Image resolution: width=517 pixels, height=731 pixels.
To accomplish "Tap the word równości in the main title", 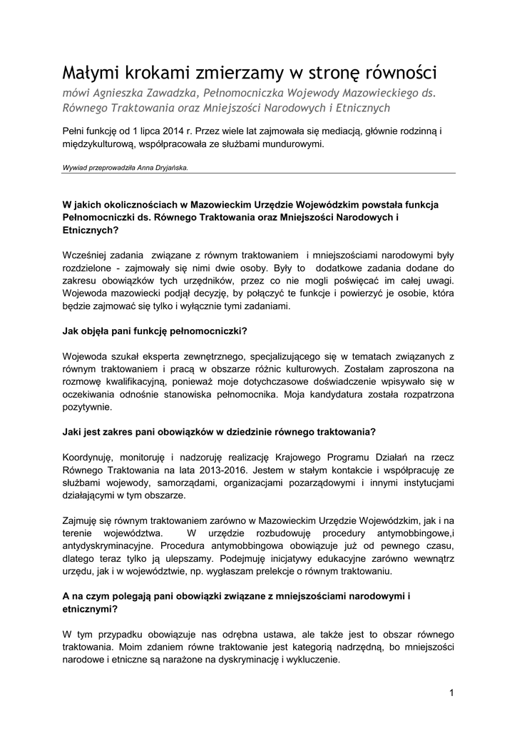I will (401, 73).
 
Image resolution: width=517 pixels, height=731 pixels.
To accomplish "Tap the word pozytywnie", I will (86, 408).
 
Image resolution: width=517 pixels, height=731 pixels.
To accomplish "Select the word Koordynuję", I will (90, 457).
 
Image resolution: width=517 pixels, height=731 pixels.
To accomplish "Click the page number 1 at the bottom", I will (452, 692).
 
